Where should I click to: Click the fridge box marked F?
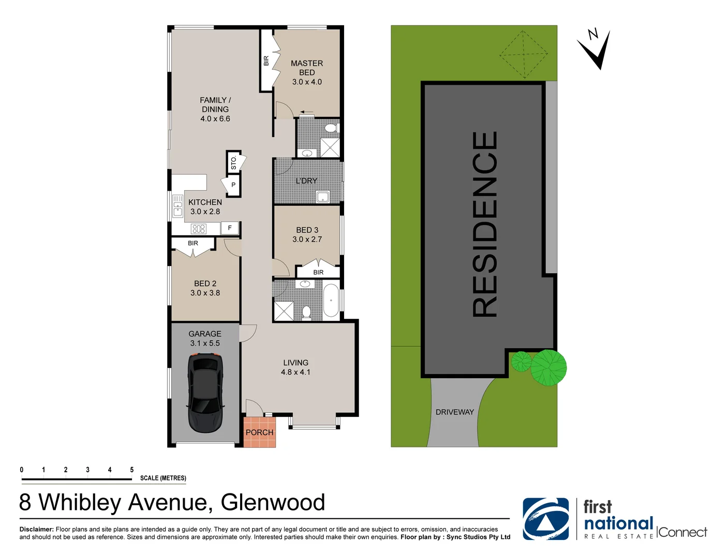(230, 228)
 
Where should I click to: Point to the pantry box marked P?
(233, 184)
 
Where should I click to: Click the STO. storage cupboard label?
(233, 163)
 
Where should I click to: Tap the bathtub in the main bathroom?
(331, 301)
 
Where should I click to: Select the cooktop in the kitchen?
(199, 228)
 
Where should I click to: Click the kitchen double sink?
(177, 206)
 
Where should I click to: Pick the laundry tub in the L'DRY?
(323, 197)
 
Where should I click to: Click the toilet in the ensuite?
(331, 128)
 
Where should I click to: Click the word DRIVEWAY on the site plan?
(454, 412)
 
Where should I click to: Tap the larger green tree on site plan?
(548, 367)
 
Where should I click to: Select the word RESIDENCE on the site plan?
(485, 225)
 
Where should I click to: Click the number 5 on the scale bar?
(131, 470)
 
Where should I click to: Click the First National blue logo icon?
(545, 519)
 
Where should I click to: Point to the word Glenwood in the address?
(273, 502)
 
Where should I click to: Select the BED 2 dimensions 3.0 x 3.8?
(205, 293)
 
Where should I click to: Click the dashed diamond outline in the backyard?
(524, 54)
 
